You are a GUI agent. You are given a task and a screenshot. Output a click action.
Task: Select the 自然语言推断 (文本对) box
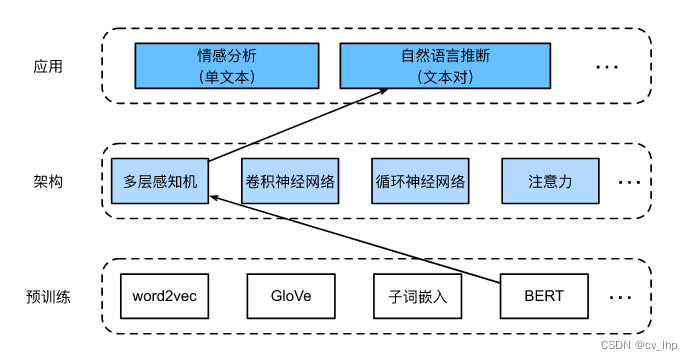[445, 65]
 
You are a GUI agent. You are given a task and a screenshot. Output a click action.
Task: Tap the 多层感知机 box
[160, 182]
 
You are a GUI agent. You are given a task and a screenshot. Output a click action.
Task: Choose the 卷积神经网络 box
[289, 182]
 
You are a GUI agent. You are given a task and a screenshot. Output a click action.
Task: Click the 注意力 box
[549, 182]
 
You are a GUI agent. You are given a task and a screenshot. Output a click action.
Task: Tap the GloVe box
[290, 296]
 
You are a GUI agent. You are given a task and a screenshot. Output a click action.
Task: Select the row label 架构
[46, 182]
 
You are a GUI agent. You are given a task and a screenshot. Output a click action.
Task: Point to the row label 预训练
[47, 297]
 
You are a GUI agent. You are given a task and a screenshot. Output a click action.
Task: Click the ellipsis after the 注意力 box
[628, 183]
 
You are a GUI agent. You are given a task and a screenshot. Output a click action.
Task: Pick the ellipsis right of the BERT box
[620, 297]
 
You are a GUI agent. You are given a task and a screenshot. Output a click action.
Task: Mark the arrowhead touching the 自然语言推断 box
[381, 93]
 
